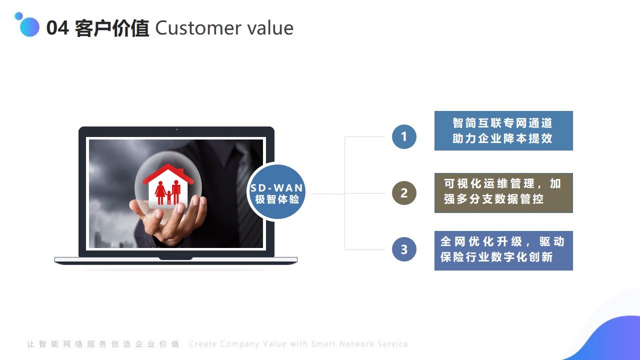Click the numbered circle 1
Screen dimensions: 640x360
[x=404, y=136]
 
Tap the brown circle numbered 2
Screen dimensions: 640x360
[x=404, y=193]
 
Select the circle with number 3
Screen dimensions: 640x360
[x=404, y=249]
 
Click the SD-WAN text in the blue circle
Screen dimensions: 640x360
[x=276, y=187]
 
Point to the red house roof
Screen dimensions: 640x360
[x=168, y=173]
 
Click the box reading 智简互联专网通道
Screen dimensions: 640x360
[x=503, y=130]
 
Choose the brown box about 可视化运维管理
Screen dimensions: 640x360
[x=503, y=193]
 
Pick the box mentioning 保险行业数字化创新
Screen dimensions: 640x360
[x=503, y=250]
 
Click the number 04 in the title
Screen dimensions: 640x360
[x=57, y=28]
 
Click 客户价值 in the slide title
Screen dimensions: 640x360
[x=111, y=28]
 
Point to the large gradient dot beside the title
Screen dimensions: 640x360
[x=29, y=27]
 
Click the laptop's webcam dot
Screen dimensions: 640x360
[x=177, y=129]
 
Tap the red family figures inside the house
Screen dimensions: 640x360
[x=168, y=192]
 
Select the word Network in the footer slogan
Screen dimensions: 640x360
[x=356, y=343]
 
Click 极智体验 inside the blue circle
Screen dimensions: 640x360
[x=277, y=199]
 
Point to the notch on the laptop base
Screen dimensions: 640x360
[x=175, y=258]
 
